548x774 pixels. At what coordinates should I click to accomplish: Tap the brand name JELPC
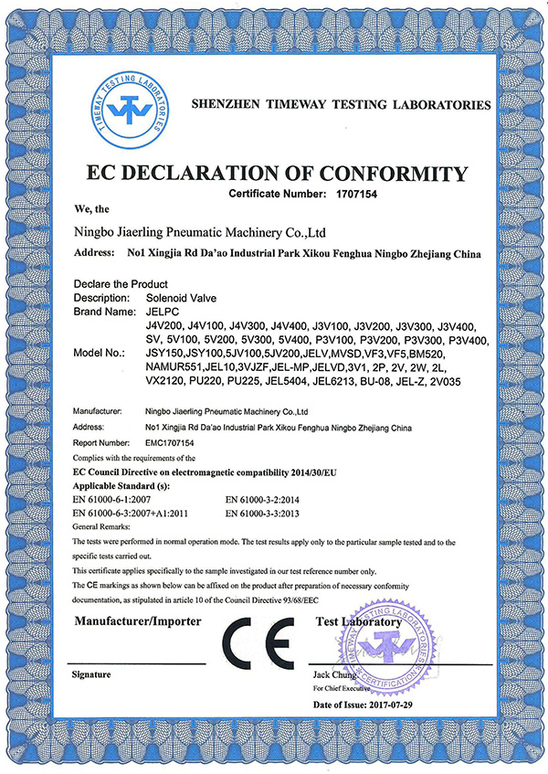[161, 312]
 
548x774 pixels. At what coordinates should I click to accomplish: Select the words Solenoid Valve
[180, 298]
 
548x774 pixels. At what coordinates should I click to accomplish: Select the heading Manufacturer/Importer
[136, 621]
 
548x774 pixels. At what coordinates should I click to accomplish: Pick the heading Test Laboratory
[358, 621]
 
